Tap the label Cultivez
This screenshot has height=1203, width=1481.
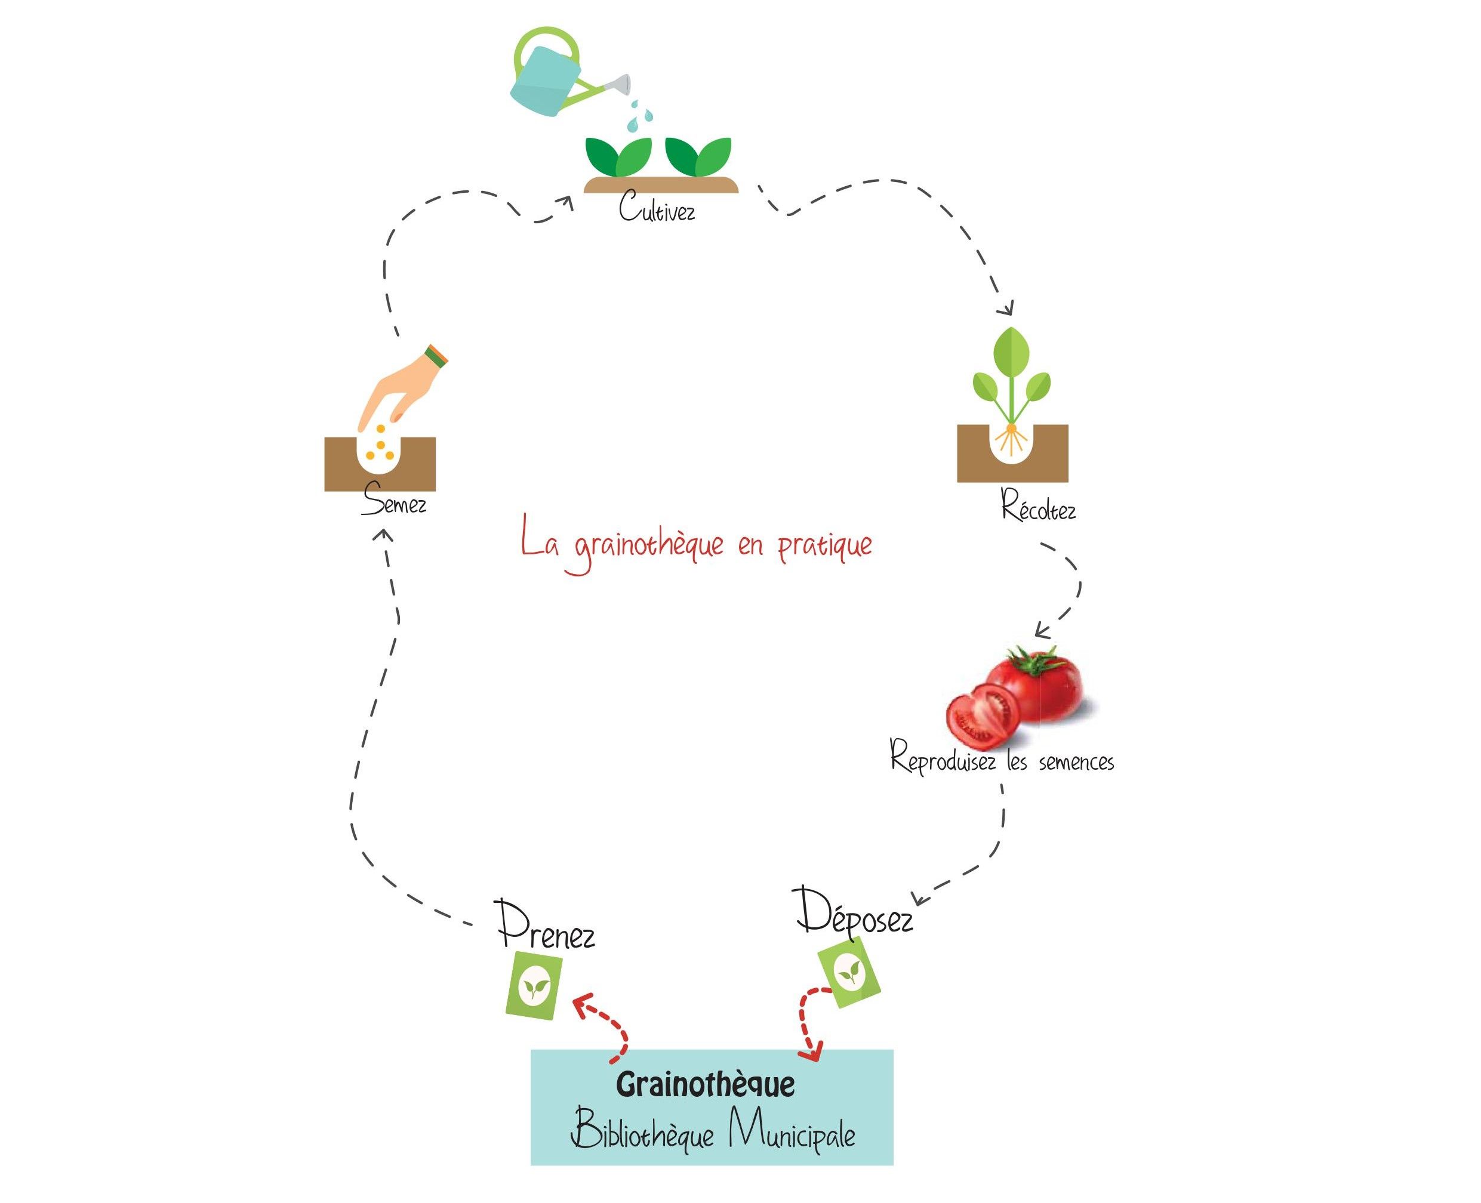tap(656, 207)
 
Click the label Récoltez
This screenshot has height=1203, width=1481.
tap(1037, 507)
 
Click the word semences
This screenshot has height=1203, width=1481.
tap(1076, 762)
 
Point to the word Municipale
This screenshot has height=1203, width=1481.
tap(791, 1133)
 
